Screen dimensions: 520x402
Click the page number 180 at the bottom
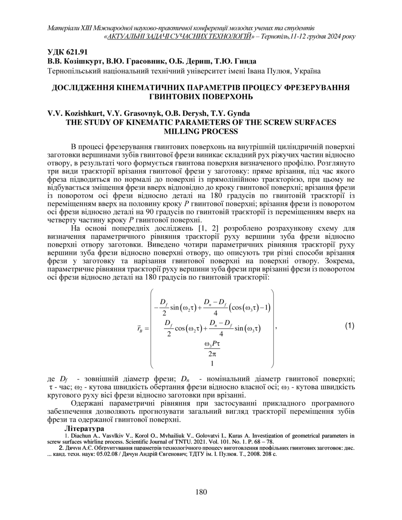pyautogui.click(x=201, y=492)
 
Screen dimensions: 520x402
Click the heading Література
pyautogui.click(x=84, y=429)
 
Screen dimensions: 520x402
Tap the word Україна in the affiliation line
pyautogui.click(x=308, y=71)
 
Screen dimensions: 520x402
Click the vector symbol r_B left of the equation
pyautogui.click(x=140, y=329)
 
